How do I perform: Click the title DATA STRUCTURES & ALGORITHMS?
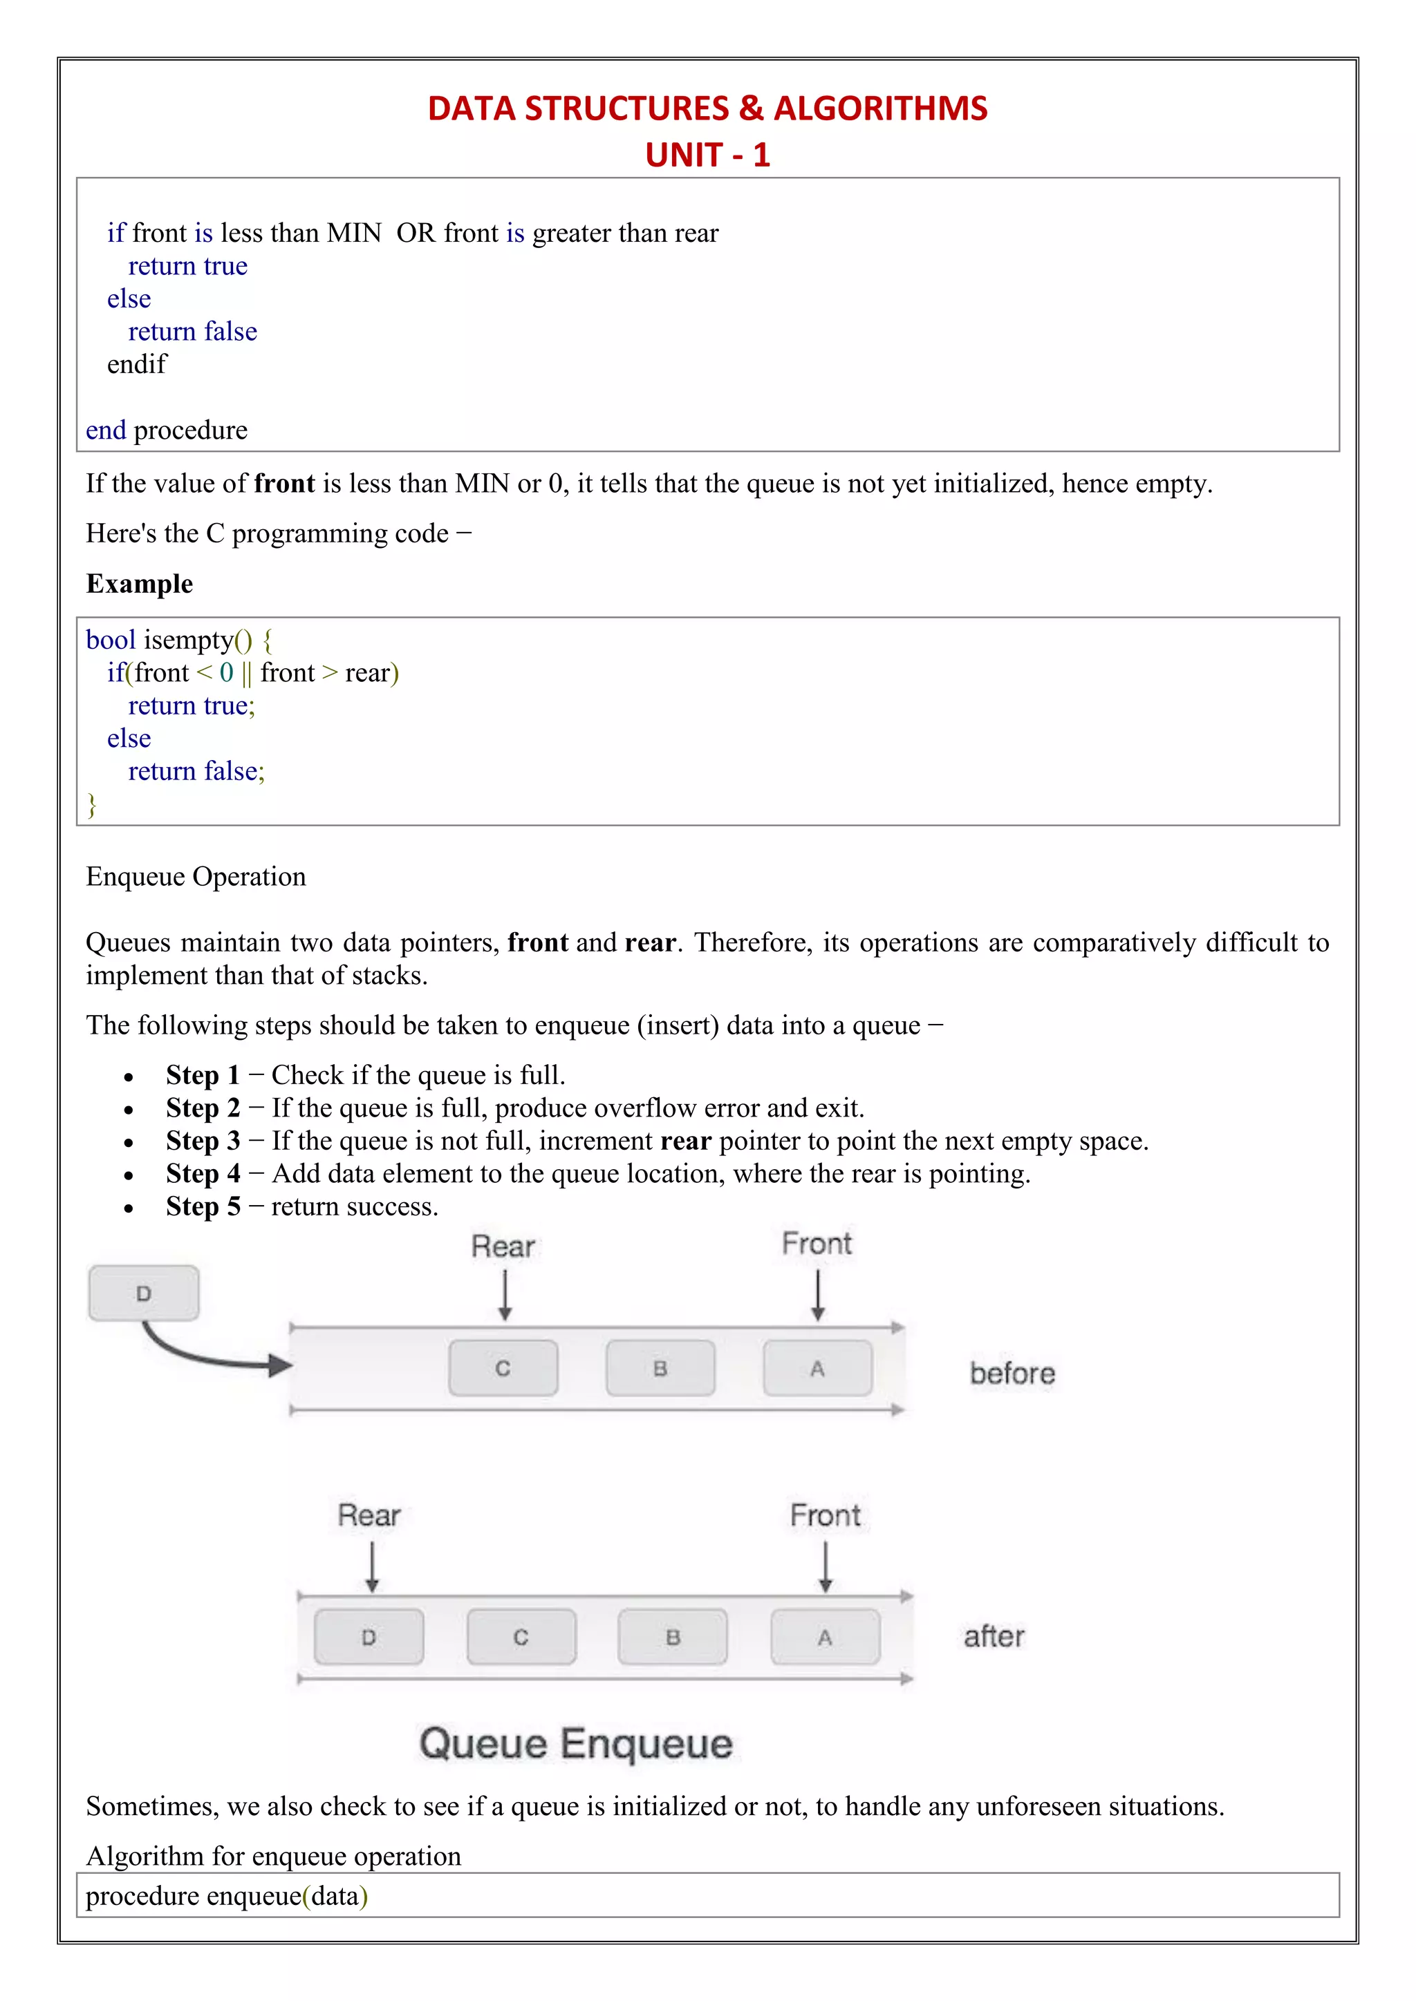pos(707,108)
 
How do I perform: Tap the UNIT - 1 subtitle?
pos(707,155)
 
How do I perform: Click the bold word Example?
pos(140,584)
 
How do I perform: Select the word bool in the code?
pos(111,641)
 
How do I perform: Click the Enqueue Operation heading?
pos(196,877)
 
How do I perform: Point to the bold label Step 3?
pos(203,1141)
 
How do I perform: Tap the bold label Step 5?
pos(203,1207)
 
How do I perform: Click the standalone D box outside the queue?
pos(144,1293)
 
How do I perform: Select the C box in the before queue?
pos(503,1368)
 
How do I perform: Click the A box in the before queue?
pos(817,1368)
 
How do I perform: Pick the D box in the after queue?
pos(369,1638)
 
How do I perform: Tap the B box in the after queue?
pos(672,1638)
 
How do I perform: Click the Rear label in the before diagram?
pos(503,1246)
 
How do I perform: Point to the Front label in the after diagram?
pos(825,1515)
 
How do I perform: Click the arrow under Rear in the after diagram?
pos(372,1567)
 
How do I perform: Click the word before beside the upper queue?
pos(1012,1374)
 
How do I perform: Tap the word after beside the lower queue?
pos(994,1637)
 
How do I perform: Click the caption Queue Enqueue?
pos(575,1745)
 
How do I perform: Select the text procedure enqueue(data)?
pos(227,1897)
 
